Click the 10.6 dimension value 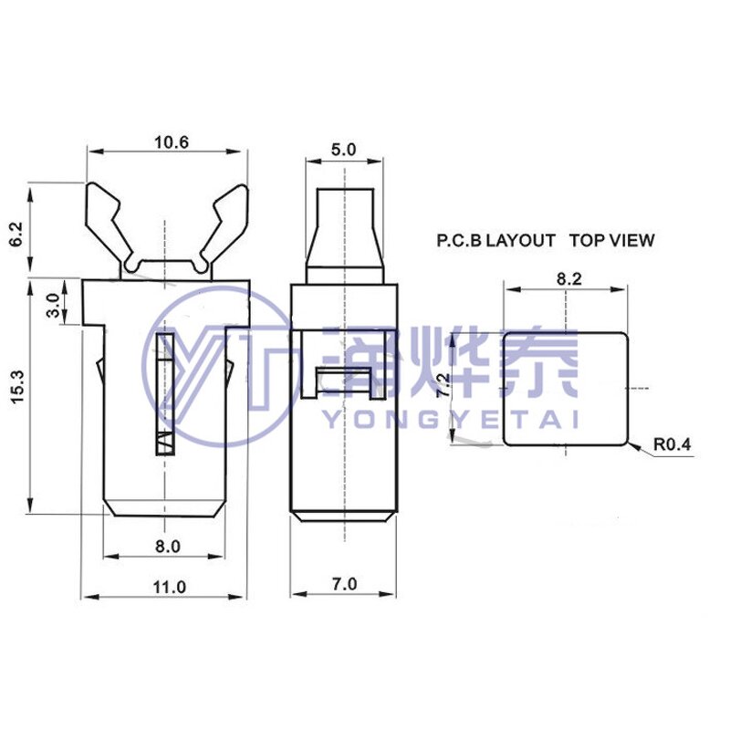(171, 142)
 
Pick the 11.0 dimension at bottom (168, 587)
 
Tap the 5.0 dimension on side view (344, 150)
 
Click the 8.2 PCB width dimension (568, 279)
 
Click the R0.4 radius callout (673, 445)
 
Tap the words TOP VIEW (611, 241)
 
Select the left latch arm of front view (107, 219)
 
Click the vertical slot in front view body (164, 392)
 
